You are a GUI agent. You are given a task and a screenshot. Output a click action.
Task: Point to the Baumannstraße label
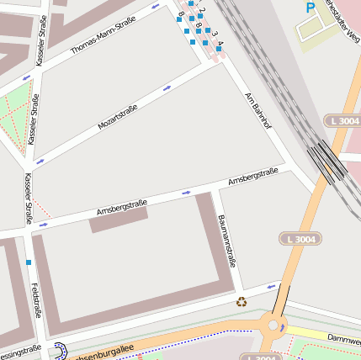pyautogui.click(x=226, y=241)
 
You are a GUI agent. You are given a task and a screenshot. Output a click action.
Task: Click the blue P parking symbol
pyautogui.click(x=311, y=8)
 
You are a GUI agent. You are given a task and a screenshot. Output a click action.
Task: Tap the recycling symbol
pyautogui.click(x=242, y=302)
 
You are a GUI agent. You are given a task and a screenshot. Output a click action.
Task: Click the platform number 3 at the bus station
pyautogui.click(x=214, y=34)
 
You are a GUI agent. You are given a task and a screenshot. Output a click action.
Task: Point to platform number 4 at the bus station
pyautogui.click(x=220, y=43)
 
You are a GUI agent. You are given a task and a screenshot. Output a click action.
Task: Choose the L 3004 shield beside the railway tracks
pyautogui.click(x=344, y=122)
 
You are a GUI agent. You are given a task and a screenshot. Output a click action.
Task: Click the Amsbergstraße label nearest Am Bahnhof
pyautogui.click(x=253, y=177)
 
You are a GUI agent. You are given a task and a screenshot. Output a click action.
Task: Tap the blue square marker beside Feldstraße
pyautogui.click(x=29, y=262)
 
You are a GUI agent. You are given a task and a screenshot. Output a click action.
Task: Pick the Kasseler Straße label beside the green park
pyautogui.click(x=35, y=119)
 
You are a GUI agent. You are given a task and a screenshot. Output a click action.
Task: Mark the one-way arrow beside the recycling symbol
pyautogui.click(x=271, y=287)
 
